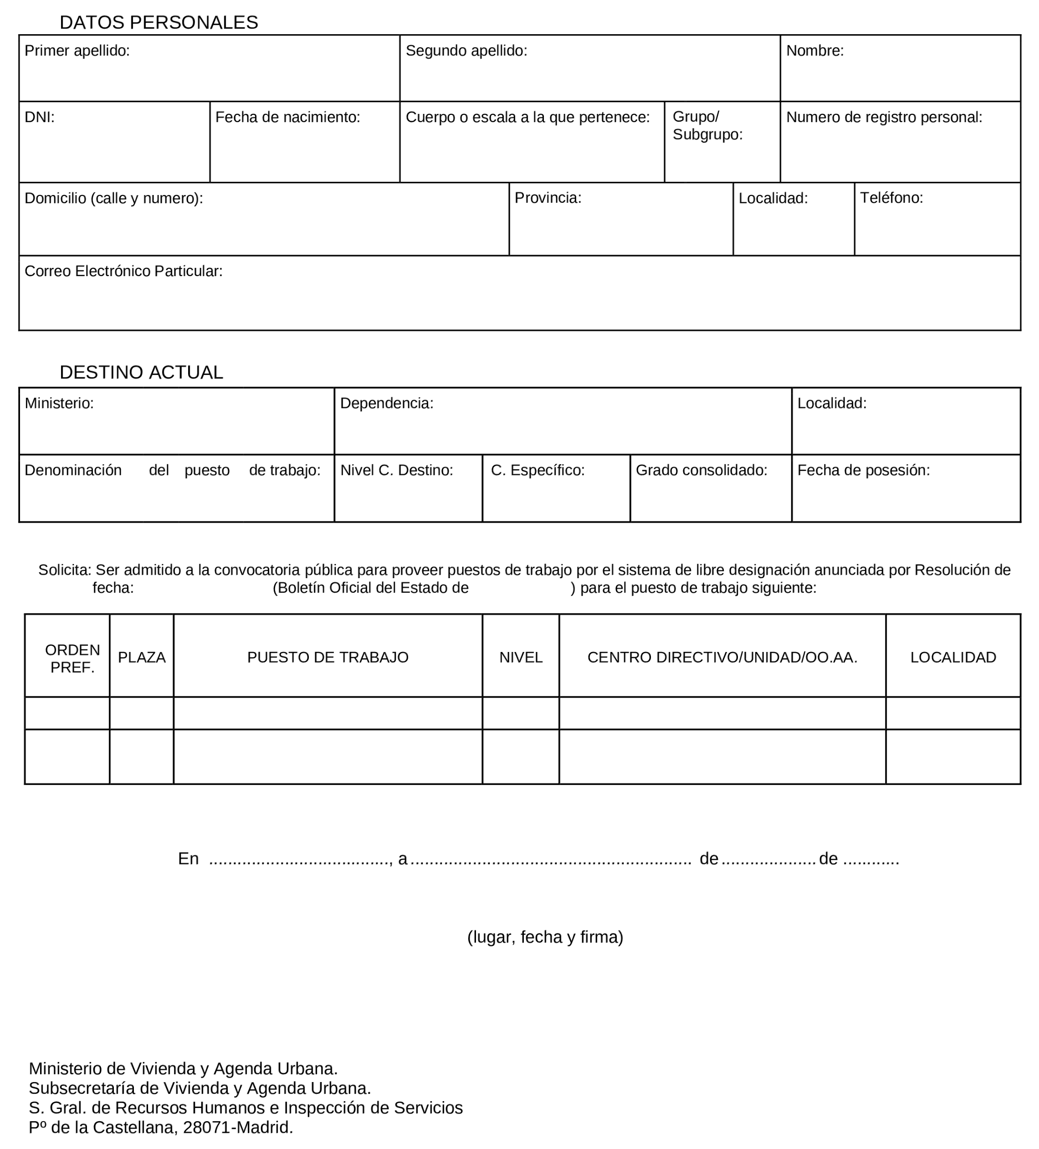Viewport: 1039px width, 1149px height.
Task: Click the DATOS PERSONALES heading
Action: coord(158,22)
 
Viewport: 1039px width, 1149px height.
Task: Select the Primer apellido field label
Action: coord(77,51)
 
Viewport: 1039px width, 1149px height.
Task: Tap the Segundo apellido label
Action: coord(466,51)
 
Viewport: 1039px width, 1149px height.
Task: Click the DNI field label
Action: coord(39,117)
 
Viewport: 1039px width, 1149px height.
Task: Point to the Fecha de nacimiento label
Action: coord(287,117)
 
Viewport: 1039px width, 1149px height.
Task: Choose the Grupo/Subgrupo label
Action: coord(707,126)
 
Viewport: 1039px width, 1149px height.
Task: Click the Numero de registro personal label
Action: coord(884,117)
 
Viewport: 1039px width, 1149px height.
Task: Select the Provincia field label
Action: coord(548,198)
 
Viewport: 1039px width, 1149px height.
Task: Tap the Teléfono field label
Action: coord(891,198)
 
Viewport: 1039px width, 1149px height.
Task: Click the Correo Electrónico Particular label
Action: coord(123,271)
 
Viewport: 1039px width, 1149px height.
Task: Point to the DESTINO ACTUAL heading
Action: coord(141,372)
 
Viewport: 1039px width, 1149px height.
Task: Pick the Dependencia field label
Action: coord(387,403)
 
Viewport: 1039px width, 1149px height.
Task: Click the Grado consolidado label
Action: coord(701,470)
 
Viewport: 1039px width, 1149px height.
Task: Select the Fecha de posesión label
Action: coord(863,470)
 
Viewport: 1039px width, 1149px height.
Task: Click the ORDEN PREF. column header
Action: coord(72,658)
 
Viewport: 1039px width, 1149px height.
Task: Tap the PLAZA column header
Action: coord(141,657)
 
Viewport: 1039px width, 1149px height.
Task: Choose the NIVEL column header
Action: coord(520,657)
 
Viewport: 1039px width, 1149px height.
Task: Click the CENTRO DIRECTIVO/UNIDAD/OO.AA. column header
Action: coord(721,657)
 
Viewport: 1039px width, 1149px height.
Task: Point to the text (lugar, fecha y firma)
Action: coord(545,937)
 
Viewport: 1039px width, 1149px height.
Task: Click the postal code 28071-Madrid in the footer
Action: coord(238,1127)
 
